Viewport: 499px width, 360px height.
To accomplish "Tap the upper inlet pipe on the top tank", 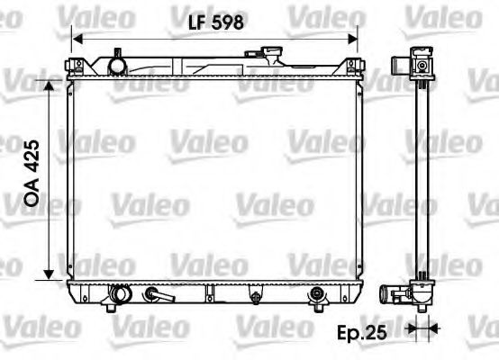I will pos(114,65).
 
